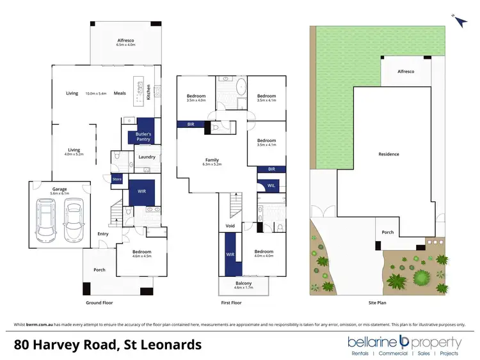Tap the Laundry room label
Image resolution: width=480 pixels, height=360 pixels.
147,157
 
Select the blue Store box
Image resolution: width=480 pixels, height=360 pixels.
117,179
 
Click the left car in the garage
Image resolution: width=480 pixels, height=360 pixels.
47,219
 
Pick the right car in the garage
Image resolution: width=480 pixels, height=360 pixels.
73,219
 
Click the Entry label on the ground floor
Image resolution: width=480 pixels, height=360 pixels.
102,234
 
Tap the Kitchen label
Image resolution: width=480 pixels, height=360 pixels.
148,93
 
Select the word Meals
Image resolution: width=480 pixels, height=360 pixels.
120,93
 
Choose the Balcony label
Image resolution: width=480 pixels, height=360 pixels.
243,283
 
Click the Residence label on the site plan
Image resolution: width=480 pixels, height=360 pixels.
388,154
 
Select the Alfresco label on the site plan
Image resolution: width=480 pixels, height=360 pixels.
406,72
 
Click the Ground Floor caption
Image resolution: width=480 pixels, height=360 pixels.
99,302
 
